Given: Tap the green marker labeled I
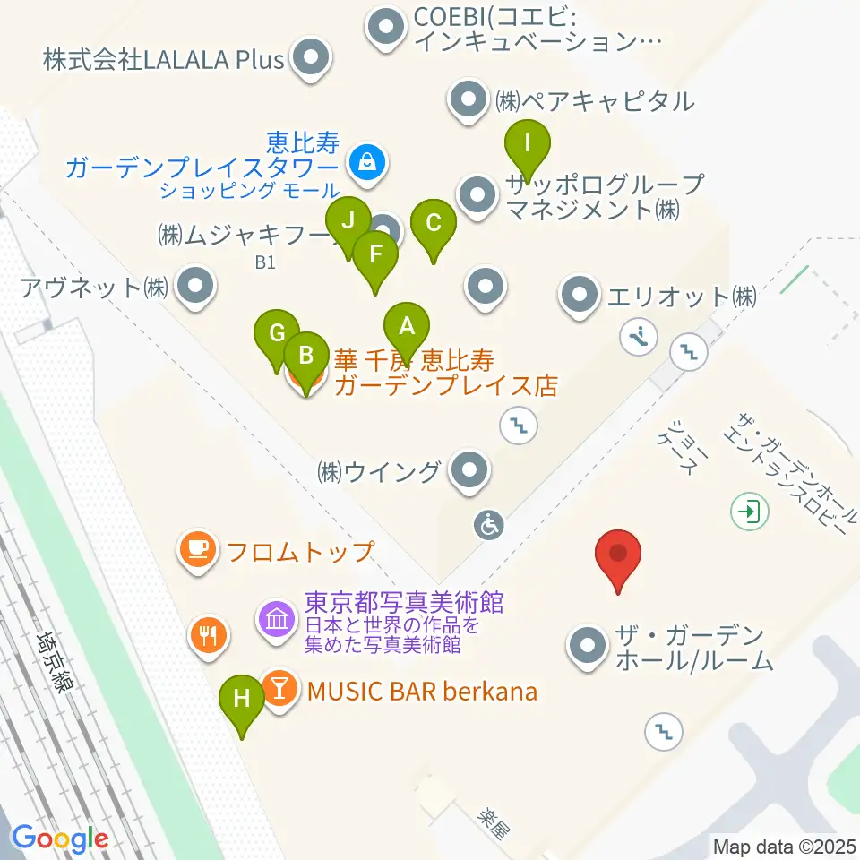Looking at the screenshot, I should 528,145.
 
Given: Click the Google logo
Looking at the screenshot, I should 59,839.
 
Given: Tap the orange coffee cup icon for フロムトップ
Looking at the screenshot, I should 198,549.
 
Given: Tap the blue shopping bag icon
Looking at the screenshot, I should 367,162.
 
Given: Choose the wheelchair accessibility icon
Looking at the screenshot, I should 490,526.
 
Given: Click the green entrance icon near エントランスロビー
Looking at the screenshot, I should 746,512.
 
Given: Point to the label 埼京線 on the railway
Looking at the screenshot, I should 56,660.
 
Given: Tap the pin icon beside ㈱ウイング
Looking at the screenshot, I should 468,470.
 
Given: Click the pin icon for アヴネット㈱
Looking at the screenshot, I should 194,288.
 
